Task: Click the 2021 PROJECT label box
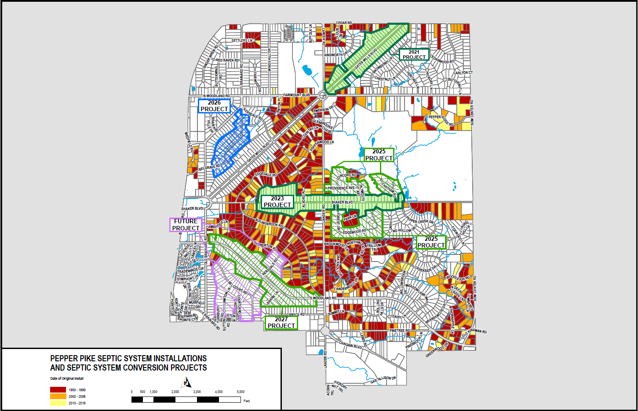tap(414, 55)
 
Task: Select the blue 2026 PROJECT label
tap(214, 106)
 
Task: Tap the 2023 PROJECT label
tap(277, 202)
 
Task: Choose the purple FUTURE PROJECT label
tap(186, 225)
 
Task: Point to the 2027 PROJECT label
tap(281, 323)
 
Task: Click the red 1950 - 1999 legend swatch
tap(58, 390)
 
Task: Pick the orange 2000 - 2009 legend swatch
tap(58, 396)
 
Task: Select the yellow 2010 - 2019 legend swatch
tap(58, 403)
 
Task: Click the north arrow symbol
tap(187, 382)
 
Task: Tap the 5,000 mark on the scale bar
tap(241, 392)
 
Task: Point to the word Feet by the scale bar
tap(247, 401)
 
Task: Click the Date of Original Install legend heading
tap(67, 378)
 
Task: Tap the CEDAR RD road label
tap(344, 23)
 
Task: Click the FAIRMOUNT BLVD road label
tap(297, 95)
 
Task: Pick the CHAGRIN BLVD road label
tap(350, 346)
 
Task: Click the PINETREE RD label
tap(400, 331)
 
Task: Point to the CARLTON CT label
tap(463, 73)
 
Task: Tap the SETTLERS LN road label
tap(242, 40)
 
